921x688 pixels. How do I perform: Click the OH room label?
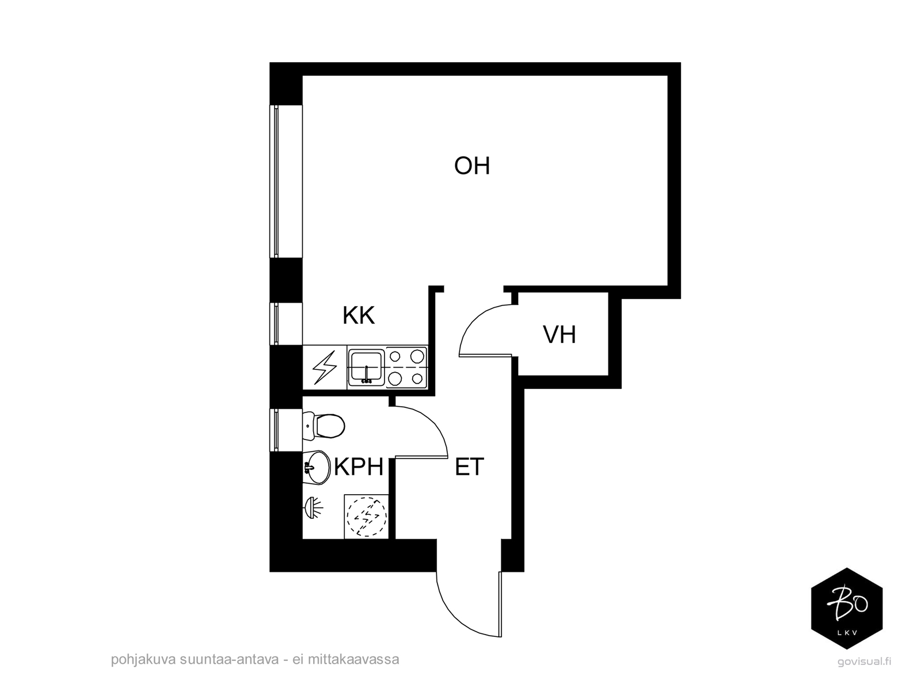(471, 166)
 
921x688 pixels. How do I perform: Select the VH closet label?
(560, 335)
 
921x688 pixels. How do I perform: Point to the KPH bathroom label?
(359, 467)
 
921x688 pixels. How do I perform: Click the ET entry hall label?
(470, 467)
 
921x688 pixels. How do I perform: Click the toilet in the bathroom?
(324, 426)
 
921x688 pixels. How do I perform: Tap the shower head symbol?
(313, 508)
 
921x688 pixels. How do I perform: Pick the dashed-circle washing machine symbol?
(366, 517)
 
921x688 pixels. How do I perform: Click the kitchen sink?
(366, 368)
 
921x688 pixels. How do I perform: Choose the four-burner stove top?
(406, 368)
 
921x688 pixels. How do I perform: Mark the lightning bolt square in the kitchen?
(324, 368)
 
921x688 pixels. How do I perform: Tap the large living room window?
(286, 181)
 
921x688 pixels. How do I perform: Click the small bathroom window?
(286, 430)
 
